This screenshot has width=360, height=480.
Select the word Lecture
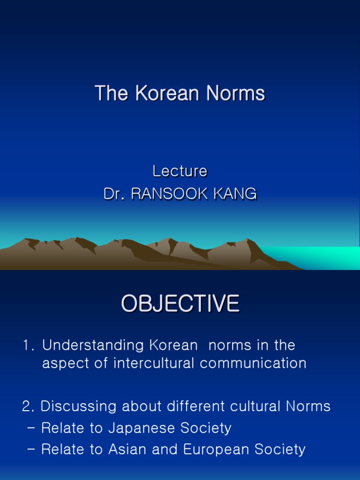[x=180, y=172]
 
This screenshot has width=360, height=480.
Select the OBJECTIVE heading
[x=180, y=304]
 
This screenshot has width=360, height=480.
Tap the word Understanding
[x=93, y=345]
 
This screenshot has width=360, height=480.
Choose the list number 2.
[x=26, y=406]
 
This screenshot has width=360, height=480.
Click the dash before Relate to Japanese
[x=31, y=428]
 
